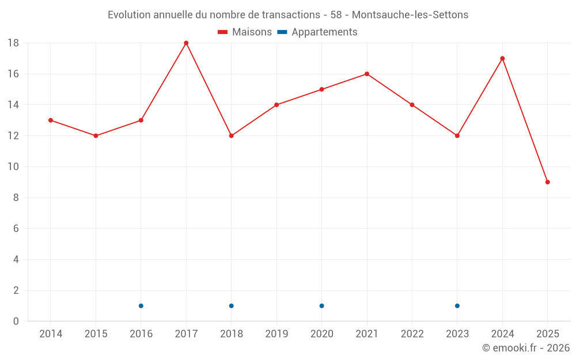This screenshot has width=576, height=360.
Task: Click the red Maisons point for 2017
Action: (x=186, y=43)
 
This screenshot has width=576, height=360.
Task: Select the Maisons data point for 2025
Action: (x=548, y=182)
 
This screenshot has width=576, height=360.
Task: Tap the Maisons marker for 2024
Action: (x=502, y=58)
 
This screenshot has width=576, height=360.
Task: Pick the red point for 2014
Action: (x=51, y=120)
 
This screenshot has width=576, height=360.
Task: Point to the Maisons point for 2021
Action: (x=367, y=74)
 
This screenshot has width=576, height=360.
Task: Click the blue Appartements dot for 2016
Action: (x=141, y=306)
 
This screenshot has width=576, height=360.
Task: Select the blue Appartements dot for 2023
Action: (x=457, y=306)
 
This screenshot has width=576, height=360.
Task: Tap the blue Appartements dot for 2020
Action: (x=322, y=306)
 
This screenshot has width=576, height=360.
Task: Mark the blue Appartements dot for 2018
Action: (x=232, y=306)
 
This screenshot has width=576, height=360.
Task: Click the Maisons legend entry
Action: (x=245, y=32)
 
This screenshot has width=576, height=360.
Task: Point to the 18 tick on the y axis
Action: (x=13, y=43)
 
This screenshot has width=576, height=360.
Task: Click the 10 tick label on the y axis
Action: (x=13, y=167)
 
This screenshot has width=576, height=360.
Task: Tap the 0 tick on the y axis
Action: (x=16, y=321)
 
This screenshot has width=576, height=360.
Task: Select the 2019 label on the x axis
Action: (x=276, y=334)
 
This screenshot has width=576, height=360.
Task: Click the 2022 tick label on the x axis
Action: (x=412, y=334)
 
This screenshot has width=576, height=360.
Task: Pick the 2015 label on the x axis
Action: (x=96, y=334)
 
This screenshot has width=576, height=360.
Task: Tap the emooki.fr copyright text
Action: (x=526, y=348)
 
